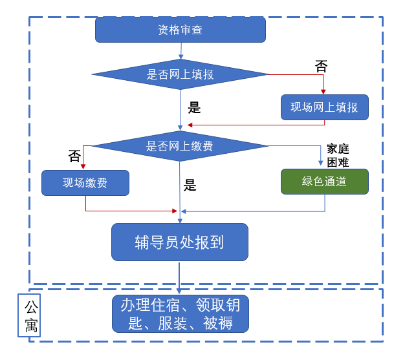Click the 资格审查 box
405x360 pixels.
(x=181, y=30)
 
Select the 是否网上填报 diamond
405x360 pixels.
(x=181, y=74)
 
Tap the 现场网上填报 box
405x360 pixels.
(x=324, y=107)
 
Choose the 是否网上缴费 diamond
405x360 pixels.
(x=181, y=146)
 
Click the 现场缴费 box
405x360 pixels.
(x=85, y=182)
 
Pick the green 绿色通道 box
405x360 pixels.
(x=324, y=182)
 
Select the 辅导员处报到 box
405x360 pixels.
(x=179, y=242)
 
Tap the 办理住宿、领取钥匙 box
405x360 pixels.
(x=179, y=313)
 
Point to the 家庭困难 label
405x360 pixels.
(x=338, y=155)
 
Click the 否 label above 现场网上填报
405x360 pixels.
(x=321, y=65)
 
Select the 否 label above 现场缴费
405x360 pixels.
(x=74, y=156)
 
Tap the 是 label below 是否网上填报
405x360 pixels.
(x=194, y=107)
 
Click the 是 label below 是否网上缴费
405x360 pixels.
(x=190, y=185)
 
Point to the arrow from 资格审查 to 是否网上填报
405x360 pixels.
(x=181, y=51)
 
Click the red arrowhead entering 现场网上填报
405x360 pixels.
(x=323, y=92)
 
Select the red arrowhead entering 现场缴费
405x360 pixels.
(x=83, y=166)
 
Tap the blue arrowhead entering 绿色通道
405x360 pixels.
(x=320, y=165)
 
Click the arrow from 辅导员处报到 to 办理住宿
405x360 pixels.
(x=179, y=278)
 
